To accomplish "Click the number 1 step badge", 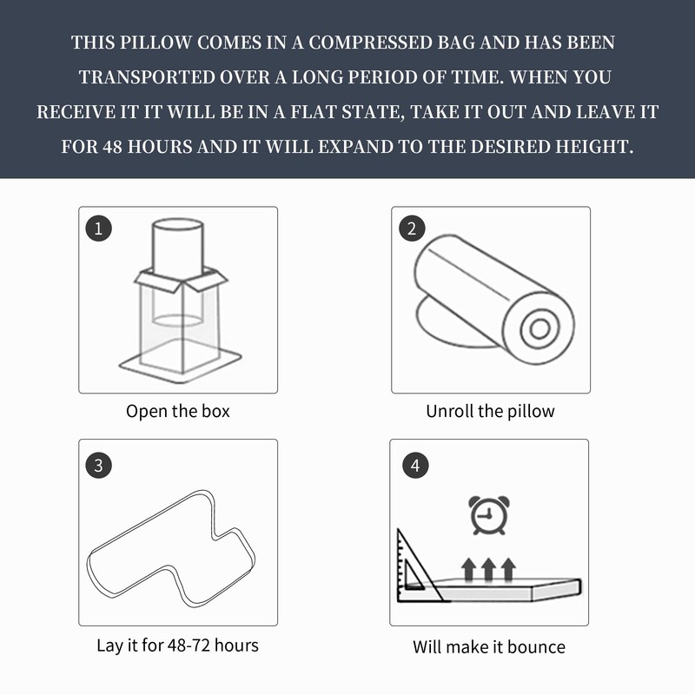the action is pos(98,228).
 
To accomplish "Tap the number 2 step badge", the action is pos(412,228).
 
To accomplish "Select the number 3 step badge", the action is pos(98,465).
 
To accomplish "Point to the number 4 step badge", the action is pos(415,465).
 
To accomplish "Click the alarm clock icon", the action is pos(488,515).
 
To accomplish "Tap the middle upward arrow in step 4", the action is pos(488,570).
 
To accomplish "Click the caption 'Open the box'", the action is pos(178,411).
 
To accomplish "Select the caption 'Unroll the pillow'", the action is pos(490,411).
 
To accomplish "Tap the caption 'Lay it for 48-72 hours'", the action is pos(177,645).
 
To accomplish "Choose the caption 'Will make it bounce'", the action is pos(489,647).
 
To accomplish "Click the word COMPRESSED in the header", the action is pos(370,43).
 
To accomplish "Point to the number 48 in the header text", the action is pos(113,147).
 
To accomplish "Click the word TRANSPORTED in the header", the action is pos(147,77).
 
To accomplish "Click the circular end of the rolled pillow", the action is pos(539,328).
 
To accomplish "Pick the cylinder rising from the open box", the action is pos(178,248).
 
